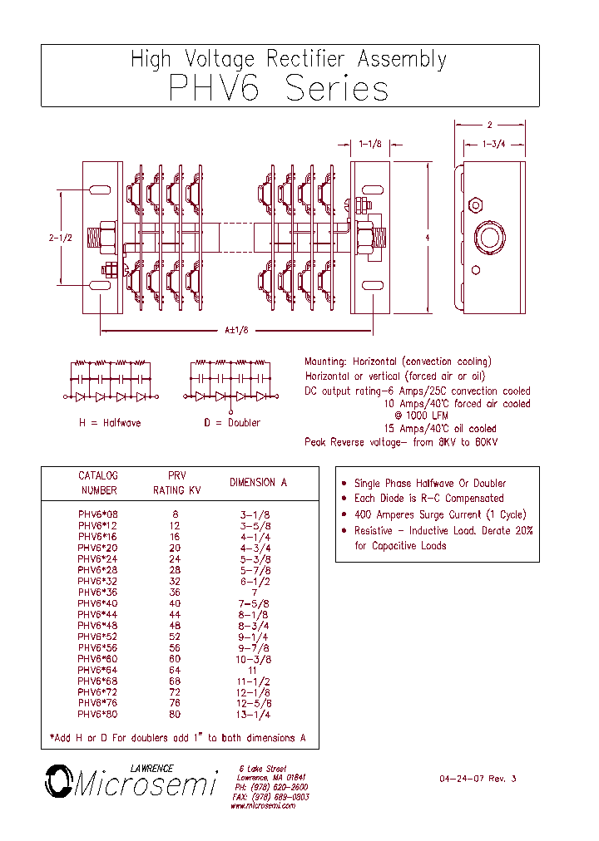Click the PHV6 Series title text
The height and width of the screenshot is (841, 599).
(x=279, y=88)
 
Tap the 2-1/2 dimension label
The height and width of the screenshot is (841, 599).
(x=61, y=237)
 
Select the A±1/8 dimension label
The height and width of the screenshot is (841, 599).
(x=236, y=330)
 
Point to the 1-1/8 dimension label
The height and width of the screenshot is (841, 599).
(x=370, y=144)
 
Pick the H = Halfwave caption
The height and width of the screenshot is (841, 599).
(x=110, y=422)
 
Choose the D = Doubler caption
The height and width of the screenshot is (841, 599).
(x=231, y=422)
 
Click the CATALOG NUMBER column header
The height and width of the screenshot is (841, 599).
(x=98, y=483)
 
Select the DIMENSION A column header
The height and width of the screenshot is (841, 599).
(x=258, y=482)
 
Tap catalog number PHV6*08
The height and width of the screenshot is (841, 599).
(x=98, y=514)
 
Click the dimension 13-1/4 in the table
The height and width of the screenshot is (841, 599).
(x=255, y=714)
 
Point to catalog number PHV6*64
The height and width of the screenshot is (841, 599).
(x=98, y=670)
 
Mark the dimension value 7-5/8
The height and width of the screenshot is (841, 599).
(x=255, y=603)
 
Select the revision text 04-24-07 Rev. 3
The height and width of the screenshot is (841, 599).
(x=478, y=779)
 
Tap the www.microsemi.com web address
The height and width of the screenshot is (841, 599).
(x=263, y=806)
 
